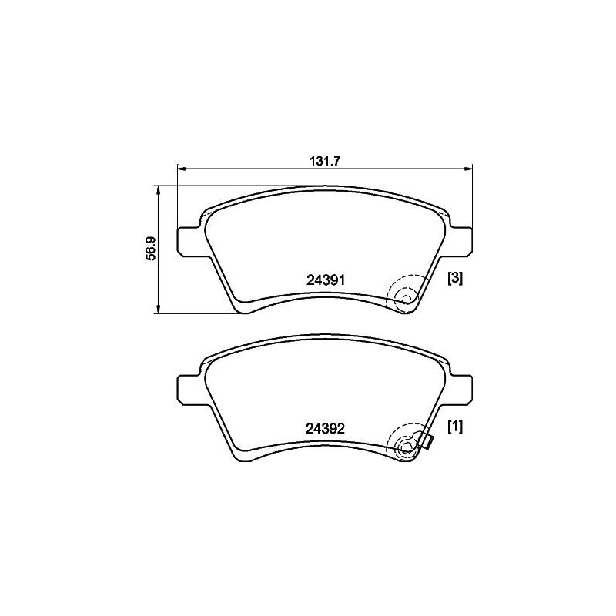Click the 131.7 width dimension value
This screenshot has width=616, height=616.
tap(324, 161)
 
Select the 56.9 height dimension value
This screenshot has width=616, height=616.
tap(151, 249)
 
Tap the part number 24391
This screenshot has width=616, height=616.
tap(325, 280)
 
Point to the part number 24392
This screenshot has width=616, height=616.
tap(325, 428)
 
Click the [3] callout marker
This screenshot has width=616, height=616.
tap(455, 279)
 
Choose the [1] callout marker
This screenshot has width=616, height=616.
tap(455, 427)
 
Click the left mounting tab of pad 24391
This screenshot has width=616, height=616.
tap(190, 242)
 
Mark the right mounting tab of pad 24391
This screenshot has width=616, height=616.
tap(460, 241)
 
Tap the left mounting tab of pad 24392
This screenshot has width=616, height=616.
tap(190, 390)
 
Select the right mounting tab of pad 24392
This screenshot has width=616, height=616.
tap(460, 390)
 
